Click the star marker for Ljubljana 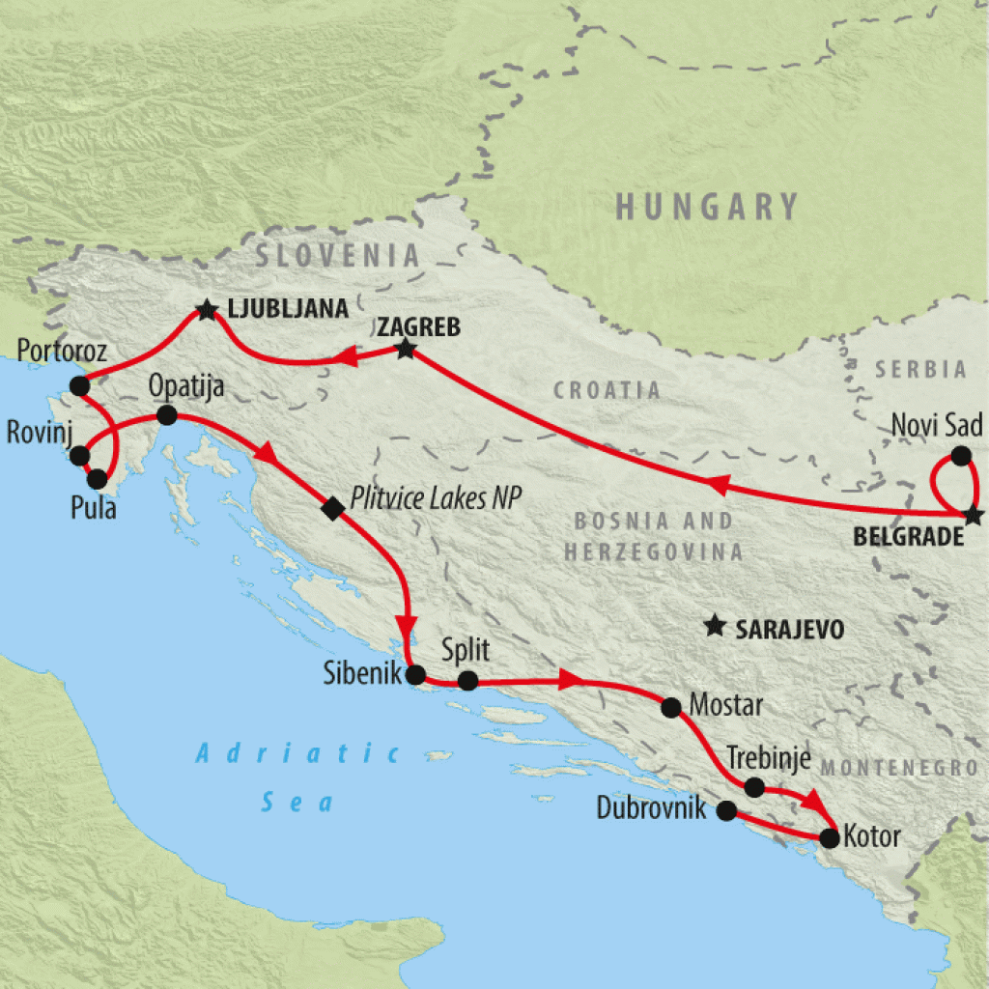coord(206,310)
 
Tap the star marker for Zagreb coord(406,350)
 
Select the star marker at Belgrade coord(973,515)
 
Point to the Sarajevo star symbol coord(715,627)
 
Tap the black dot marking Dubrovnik coord(726,811)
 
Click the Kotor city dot coord(829,837)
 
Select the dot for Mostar coord(670,706)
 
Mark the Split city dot coord(467,680)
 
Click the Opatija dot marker coord(166,415)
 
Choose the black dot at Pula coord(97,478)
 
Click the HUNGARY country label coord(707,207)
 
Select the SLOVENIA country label coord(338,256)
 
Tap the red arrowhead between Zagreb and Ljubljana coord(343,360)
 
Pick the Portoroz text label coord(62,350)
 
